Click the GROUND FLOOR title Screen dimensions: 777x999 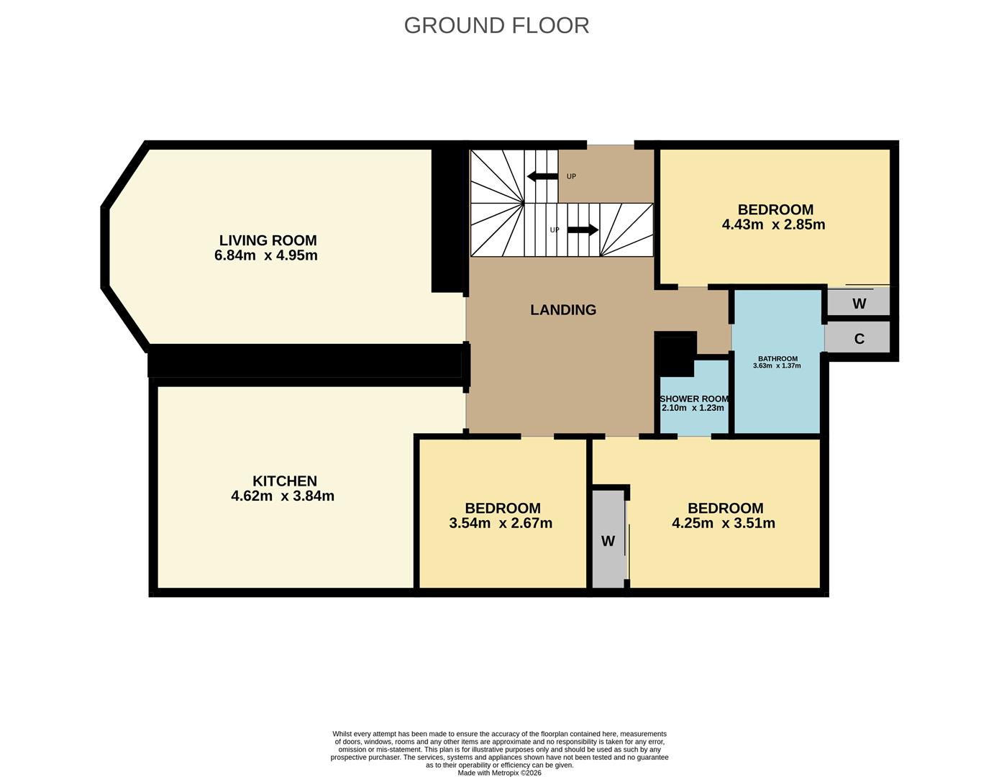(x=496, y=25)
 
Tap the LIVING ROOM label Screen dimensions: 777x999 (x=268, y=240)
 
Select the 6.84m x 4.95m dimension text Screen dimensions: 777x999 (x=265, y=255)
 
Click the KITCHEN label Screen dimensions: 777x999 (x=284, y=481)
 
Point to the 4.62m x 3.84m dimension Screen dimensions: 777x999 (x=282, y=496)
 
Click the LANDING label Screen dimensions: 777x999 (x=563, y=310)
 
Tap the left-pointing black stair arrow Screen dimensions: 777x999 (x=542, y=176)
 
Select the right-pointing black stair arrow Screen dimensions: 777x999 (x=583, y=230)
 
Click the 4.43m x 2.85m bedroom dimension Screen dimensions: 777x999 (x=773, y=224)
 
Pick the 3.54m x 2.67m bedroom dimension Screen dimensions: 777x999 (x=501, y=523)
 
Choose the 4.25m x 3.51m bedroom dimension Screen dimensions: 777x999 (x=724, y=523)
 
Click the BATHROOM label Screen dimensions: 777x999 (x=777, y=358)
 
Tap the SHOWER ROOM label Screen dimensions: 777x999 (x=694, y=399)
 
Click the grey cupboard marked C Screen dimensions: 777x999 (x=859, y=339)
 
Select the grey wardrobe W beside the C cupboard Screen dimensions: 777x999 (x=859, y=304)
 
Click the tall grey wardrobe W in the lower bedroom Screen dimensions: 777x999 (x=608, y=541)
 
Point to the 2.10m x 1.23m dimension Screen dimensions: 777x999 (x=693, y=408)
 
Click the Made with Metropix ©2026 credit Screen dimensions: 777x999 (x=499, y=773)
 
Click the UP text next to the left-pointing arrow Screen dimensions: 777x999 (x=571, y=176)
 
